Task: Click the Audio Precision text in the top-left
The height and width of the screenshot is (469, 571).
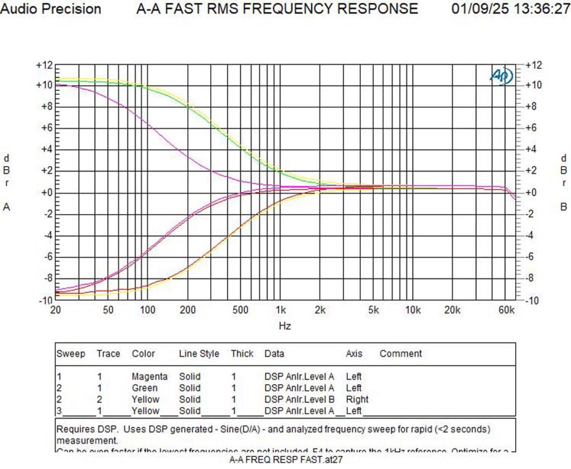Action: pos(51,9)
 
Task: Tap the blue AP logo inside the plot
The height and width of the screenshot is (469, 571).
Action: pos(501,76)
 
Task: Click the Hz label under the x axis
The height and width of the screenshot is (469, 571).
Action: pos(284,326)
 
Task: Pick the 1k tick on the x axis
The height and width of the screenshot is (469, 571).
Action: pos(281,310)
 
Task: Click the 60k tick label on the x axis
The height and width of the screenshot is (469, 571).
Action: pos(507,310)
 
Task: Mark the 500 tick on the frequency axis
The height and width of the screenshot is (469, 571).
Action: pos(241,310)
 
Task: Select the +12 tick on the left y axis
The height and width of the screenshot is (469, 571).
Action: pos(44,65)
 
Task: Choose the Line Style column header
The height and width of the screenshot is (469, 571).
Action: pos(199,354)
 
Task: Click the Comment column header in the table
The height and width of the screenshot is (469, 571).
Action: pos(400,354)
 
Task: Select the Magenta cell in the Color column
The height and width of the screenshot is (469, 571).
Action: pos(149,376)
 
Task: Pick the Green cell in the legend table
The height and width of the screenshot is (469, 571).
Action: pos(144,388)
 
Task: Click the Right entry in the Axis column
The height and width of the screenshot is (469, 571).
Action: pos(357,399)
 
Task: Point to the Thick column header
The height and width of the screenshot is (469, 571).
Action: pos(242,354)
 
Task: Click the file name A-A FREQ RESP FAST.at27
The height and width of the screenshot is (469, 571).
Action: pos(284,460)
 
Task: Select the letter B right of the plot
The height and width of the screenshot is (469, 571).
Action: pos(563,207)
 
